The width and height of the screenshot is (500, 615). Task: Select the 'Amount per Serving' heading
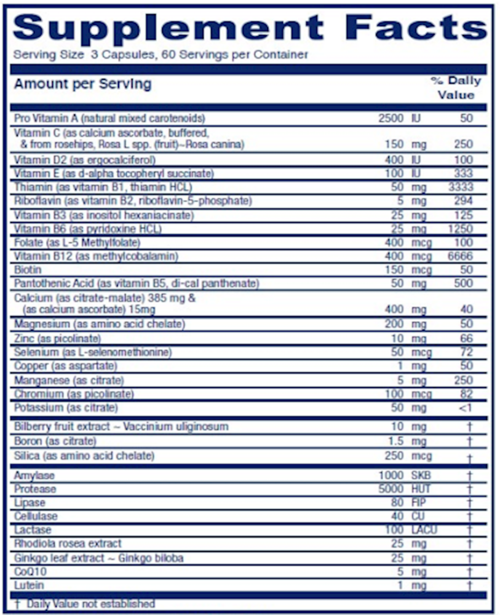pyautogui.click(x=82, y=84)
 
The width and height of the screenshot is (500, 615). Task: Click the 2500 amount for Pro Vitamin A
pyautogui.click(x=391, y=118)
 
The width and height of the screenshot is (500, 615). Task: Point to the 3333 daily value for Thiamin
pyautogui.click(x=460, y=187)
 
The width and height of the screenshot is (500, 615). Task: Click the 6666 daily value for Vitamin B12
pyautogui.click(x=460, y=256)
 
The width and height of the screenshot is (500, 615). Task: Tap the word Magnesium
pyautogui.click(x=41, y=324)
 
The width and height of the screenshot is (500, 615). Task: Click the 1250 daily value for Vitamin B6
pyautogui.click(x=460, y=229)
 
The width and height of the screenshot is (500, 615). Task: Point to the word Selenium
pyautogui.click(x=36, y=352)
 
